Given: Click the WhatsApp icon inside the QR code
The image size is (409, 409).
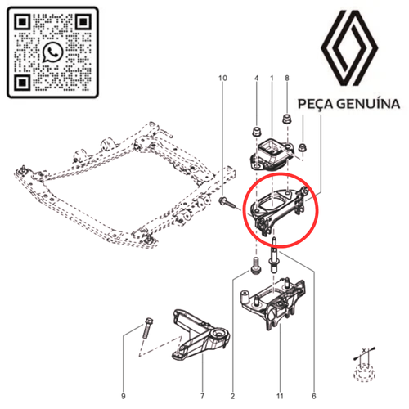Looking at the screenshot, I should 53,52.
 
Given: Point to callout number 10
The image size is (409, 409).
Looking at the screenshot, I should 221,79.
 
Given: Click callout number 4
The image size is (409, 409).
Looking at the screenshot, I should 256,79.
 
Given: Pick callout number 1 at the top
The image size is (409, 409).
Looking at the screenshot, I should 272,79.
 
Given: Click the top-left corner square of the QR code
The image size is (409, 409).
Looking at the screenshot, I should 23,22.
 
